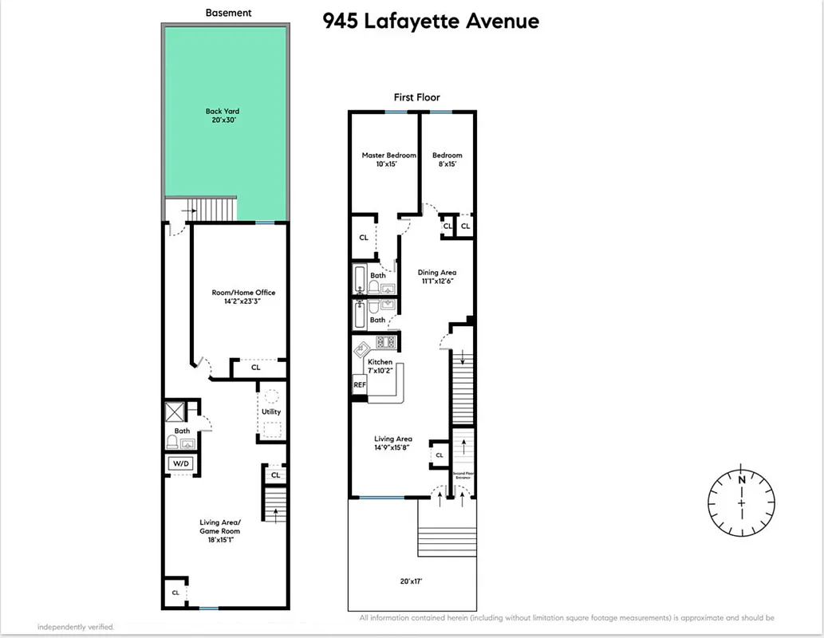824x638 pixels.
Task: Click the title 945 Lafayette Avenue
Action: pos(431,21)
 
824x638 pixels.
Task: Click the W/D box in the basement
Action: pos(180,463)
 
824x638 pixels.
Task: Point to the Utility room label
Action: pos(271,412)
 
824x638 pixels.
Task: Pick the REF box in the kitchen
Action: pos(360,384)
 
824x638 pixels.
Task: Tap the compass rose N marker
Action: pos(741,479)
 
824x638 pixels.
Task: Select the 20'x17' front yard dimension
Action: pos(412,581)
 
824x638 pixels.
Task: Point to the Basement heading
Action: pos(228,13)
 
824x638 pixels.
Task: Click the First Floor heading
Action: pos(416,97)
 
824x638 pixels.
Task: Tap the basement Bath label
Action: pos(182,431)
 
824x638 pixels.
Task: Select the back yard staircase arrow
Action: pos(189,211)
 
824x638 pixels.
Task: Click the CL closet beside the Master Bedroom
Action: pos(364,238)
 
